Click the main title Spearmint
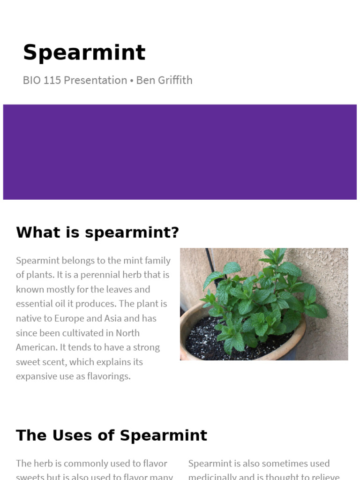point(84,52)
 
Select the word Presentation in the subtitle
point(95,80)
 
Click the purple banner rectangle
point(180,152)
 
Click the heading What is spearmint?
point(97,232)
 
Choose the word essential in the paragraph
point(36,304)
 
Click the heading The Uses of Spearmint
point(112,435)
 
